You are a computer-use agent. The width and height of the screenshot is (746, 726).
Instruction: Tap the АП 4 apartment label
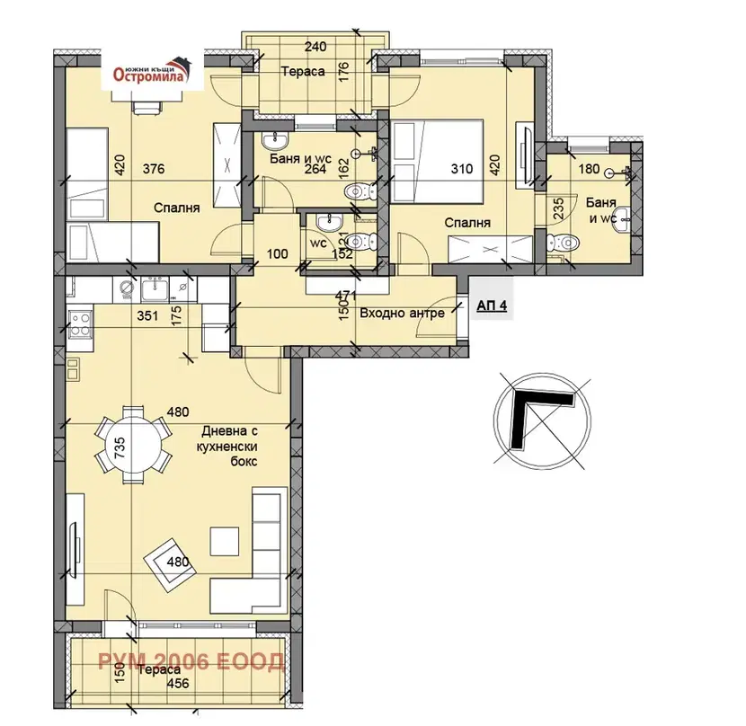click(492, 305)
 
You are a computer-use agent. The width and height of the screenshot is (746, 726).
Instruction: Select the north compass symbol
click(542, 421)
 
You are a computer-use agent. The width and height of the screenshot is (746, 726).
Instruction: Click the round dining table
click(133, 445)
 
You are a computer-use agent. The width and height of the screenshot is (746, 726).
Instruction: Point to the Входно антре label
click(402, 313)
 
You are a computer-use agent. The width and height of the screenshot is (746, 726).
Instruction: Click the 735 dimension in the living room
click(119, 447)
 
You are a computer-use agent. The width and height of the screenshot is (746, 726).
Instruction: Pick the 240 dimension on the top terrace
click(315, 47)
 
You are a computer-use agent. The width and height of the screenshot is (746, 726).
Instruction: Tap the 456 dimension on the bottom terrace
click(178, 684)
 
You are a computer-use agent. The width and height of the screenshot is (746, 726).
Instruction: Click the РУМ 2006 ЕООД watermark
click(191, 662)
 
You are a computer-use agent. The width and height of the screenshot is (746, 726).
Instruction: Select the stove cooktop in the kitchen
click(80, 323)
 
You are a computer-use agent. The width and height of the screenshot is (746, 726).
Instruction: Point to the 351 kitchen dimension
click(147, 315)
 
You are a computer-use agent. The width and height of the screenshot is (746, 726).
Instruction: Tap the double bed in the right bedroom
click(437, 161)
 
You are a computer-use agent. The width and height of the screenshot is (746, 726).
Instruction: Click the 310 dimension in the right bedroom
click(462, 168)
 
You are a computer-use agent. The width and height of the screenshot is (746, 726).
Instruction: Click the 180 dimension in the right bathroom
click(589, 169)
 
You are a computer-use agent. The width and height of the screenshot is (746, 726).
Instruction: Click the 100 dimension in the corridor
click(277, 253)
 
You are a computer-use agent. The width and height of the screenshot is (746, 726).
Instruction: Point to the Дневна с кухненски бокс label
click(229, 447)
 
